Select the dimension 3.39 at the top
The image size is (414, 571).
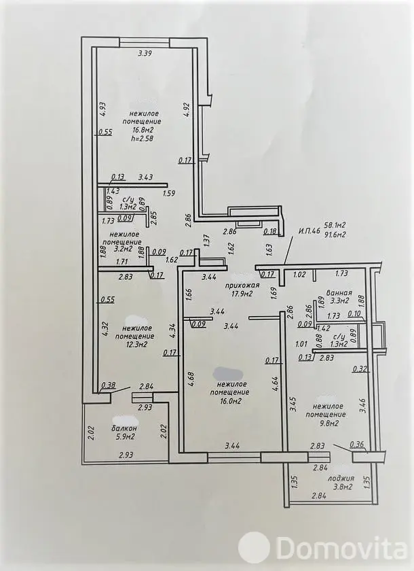(145, 54)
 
